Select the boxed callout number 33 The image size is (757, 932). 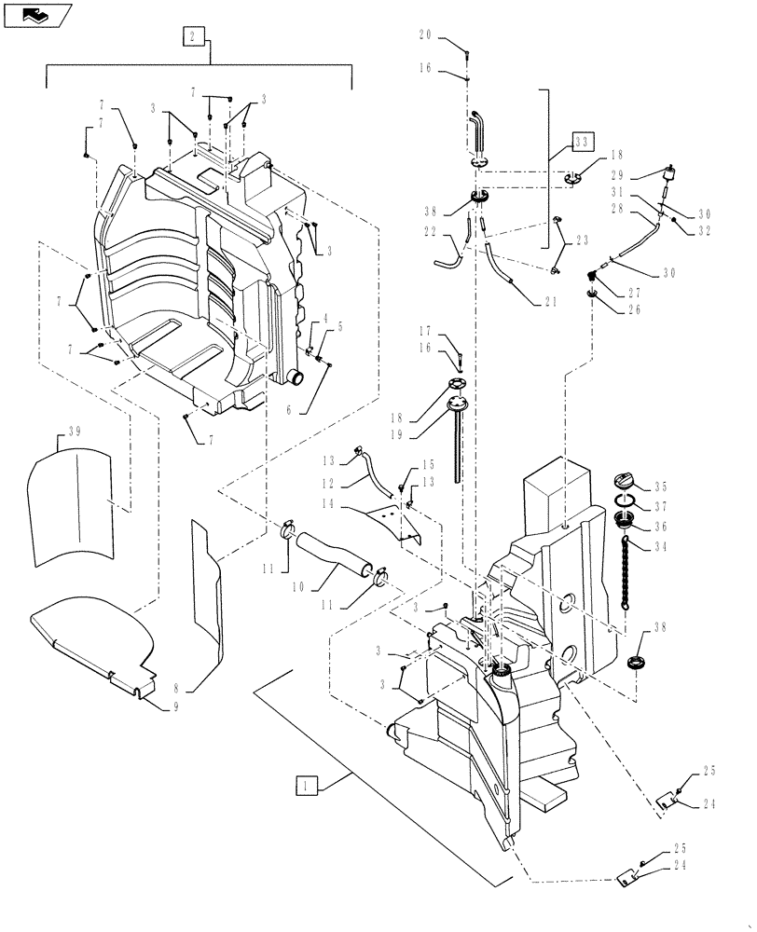tap(582, 144)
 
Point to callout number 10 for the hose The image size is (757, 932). tap(298, 587)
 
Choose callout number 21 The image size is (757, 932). tap(546, 300)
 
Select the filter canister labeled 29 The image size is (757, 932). tap(668, 177)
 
